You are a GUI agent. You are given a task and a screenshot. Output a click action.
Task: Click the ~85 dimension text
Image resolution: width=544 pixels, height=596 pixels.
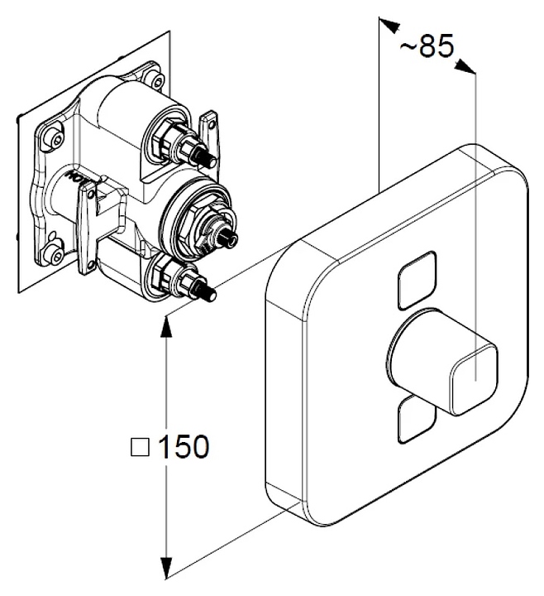point(427,46)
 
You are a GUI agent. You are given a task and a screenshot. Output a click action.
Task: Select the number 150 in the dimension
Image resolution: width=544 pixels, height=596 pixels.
point(183,448)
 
